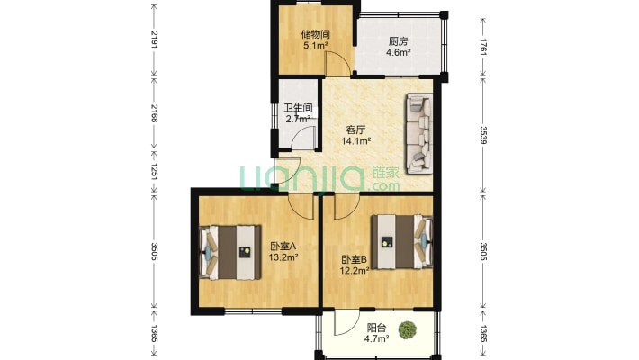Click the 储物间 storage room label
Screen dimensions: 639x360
tap(315, 35)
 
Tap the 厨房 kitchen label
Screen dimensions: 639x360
tap(398, 41)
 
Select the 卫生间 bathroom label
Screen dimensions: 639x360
tap(298, 108)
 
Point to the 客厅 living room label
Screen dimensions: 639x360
tap(355, 130)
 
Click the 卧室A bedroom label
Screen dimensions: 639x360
tap(283, 247)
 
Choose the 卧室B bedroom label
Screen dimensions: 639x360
tap(355, 259)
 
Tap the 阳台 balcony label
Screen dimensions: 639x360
tap(376, 328)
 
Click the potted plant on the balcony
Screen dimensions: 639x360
tap(407, 329)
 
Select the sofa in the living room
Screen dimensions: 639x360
tap(418, 134)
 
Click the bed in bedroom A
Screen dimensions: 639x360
tap(230, 252)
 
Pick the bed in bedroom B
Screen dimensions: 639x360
tap(401, 242)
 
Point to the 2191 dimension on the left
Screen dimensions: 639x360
tap(154, 40)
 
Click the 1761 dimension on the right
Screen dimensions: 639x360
tap(483, 47)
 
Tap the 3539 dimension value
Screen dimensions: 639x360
tap(483, 135)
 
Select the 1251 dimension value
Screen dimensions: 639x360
tap(154, 171)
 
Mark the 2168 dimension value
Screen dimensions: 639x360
tap(154, 112)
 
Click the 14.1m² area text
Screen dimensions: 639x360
tap(356, 141)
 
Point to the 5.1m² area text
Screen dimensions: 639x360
tap(316, 46)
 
